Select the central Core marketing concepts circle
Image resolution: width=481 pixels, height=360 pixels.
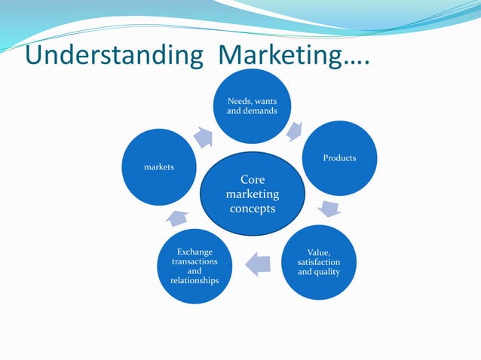coord(253,194)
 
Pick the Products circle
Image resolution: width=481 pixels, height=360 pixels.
coord(339,158)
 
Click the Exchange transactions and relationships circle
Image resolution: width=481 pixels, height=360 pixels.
coord(195,266)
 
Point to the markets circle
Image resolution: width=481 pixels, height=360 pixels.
coord(160,167)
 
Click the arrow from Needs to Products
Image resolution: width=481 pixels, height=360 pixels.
coord(295,131)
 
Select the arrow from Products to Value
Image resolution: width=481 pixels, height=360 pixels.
coord(329,209)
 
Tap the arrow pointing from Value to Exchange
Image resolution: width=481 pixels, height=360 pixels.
coord(258,263)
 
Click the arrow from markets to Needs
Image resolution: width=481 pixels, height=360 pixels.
coord(204,136)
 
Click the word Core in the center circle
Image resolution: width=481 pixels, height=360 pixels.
coord(252,180)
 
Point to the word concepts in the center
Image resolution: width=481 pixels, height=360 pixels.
coord(252,209)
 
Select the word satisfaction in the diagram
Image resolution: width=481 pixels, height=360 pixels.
coord(319,261)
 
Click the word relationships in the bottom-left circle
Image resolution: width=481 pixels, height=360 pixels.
coord(195,281)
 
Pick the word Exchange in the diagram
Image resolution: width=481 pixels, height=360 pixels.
coord(195,252)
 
